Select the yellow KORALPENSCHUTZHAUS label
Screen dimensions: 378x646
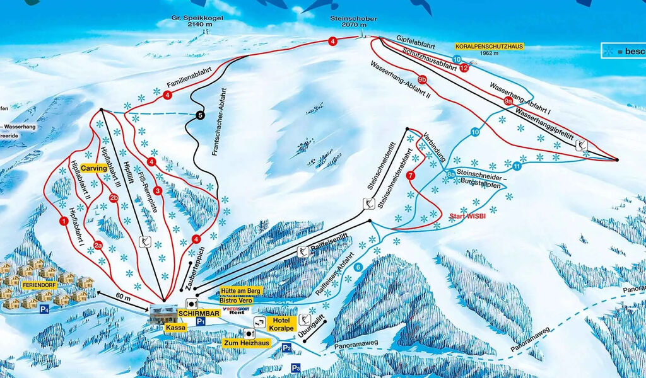[490, 47]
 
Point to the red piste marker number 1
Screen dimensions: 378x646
[64, 221]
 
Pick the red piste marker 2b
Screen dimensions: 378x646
[114, 198]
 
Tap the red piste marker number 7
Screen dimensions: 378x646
[411, 175]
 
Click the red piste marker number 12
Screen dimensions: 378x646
[464, 67]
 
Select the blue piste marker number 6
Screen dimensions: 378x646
[358, 267]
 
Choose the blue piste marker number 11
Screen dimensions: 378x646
[517, 166]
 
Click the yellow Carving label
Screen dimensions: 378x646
[93, 169]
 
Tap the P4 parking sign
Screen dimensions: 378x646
[44, 309]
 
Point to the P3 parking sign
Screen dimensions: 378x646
[296, 367]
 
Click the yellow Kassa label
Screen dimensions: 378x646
[173, 328]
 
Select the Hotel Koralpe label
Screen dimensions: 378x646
[281, 323]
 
